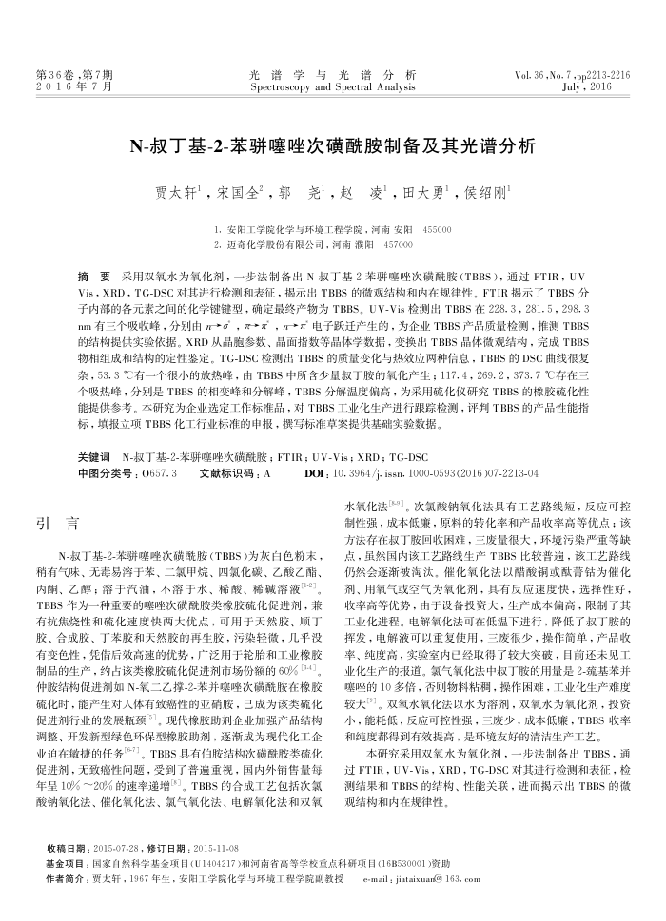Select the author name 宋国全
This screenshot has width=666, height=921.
(237, 191)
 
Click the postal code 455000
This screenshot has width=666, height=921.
(437, 230)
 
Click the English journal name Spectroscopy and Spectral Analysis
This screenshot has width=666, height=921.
(332, 86)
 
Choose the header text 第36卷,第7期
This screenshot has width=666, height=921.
(70, 74)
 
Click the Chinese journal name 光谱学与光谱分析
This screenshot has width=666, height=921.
(332, 74)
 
